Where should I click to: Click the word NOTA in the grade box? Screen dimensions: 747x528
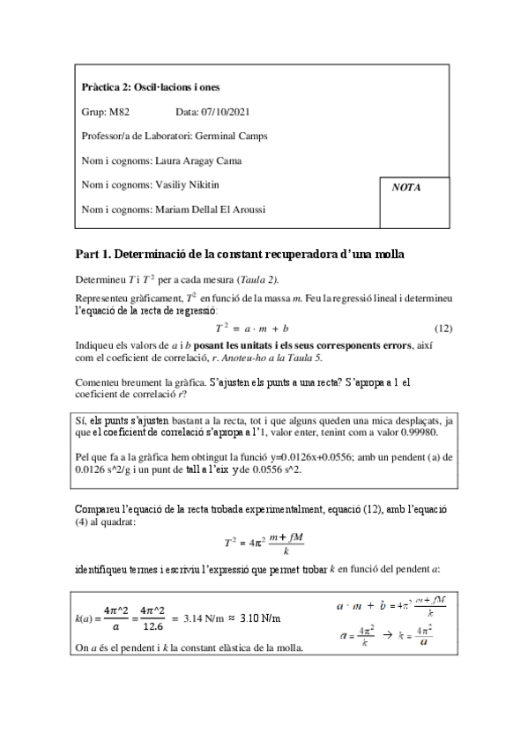(x=406, y=187)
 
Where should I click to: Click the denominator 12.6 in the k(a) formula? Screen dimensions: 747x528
(x=153, y=627)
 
